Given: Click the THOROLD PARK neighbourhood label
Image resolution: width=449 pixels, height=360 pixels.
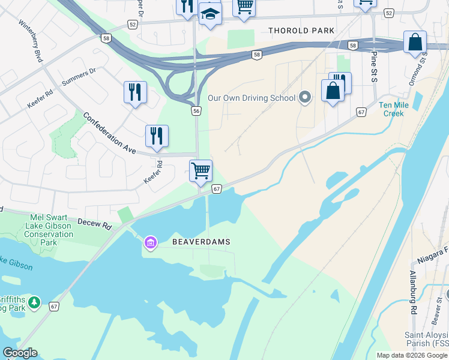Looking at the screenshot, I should coord(301,31).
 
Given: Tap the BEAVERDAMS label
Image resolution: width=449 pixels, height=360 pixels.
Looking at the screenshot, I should coord(201,242).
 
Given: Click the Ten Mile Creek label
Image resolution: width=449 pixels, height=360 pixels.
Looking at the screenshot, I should coord(391,109).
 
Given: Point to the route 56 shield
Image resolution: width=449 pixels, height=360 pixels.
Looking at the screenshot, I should coord(196,111).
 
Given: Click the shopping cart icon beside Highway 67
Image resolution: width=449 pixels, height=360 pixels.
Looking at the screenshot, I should coord(200,170).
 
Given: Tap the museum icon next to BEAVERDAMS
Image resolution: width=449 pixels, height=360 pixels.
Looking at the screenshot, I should coord(149,242).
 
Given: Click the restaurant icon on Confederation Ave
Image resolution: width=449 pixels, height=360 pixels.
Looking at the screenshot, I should coord(157,136).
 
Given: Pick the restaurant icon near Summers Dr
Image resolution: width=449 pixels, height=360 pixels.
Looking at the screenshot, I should coord(135,92).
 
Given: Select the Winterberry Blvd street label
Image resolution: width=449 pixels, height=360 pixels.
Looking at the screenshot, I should coord(31,41).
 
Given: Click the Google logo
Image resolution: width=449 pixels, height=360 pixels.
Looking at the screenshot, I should coord(20,353).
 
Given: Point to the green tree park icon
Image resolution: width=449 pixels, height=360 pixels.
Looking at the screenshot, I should coord(35,301).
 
